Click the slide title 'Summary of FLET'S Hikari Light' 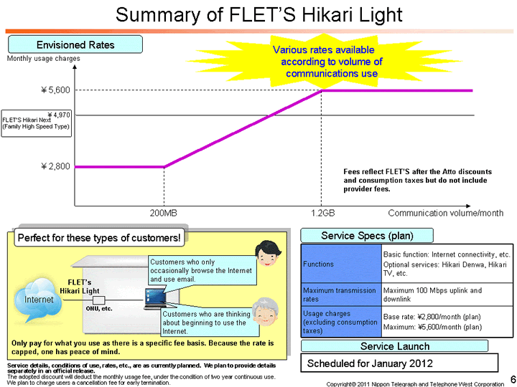pos(258,15)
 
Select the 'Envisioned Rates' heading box pos(75,45)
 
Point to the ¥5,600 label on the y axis pos(55,90)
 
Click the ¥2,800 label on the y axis pos(55,166)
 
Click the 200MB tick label pos(163,214)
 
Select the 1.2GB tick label pos(323,214)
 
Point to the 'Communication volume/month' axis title pos(446,214)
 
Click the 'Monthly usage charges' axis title pos(44,59)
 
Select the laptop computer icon pos(154,297)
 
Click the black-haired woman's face pos(267,253)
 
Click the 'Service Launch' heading pos(394,346)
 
